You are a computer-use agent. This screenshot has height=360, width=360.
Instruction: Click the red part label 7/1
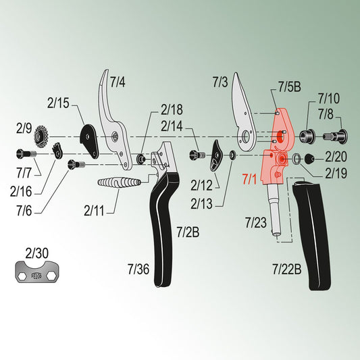point(249,179)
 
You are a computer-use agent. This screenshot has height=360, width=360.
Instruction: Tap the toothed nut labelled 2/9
point(41,137)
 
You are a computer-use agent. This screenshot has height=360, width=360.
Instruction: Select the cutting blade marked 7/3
point(244,112)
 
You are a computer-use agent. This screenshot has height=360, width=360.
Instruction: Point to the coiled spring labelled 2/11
point(119,182)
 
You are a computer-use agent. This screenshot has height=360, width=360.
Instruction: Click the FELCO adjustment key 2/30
point(37,272)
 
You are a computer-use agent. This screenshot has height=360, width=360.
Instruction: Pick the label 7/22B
point(287,269)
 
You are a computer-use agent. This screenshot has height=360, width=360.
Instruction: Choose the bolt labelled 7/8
point(335,136)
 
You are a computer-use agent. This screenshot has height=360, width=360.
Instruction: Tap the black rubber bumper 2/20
point(309,159)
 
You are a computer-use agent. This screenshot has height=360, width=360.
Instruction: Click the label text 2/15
point(58,103)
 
